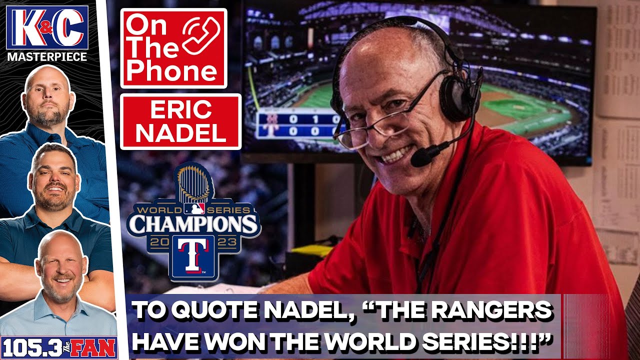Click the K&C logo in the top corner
[x=47, y=27]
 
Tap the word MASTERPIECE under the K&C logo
[x=47, y=56]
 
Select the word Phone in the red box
[x=171, y=72]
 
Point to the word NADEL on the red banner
[x=180, y=132]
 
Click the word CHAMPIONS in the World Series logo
[x=193, y=223]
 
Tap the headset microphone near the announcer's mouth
[x=423, y=156]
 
